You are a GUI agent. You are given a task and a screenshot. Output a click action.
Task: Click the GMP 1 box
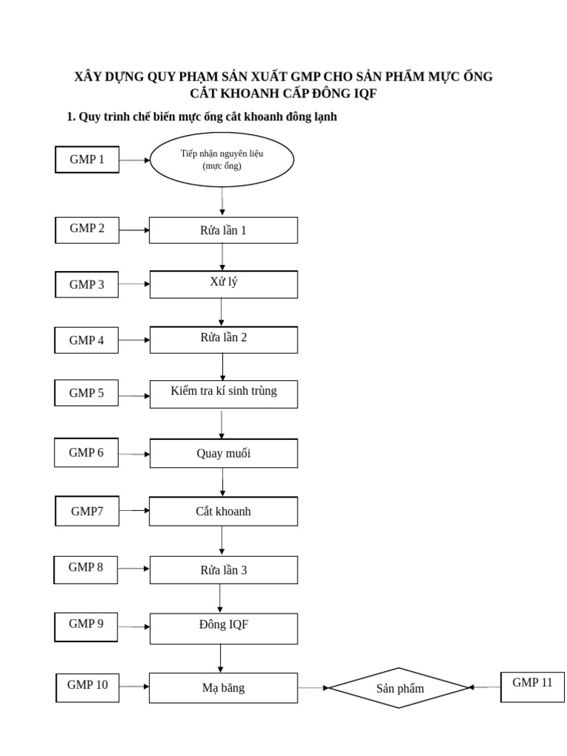point(87,159)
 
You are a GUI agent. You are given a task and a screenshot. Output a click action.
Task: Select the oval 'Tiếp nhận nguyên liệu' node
point(222,159)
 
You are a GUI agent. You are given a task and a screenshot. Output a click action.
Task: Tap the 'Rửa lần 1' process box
point(224,230)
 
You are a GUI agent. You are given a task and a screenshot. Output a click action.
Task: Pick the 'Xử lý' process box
point(224,284)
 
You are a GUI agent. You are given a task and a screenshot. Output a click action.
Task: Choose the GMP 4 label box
point(87,340)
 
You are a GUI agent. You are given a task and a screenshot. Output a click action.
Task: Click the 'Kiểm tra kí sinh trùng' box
point(224,394)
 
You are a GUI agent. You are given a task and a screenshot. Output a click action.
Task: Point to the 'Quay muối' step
point(224,453)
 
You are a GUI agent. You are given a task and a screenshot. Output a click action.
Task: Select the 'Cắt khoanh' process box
point(224,511)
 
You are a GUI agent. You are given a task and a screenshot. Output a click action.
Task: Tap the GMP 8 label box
point(86,569)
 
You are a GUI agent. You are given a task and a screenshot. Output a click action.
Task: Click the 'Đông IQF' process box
point(224,628)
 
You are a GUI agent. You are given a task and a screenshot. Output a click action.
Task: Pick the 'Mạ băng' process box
point(224,688)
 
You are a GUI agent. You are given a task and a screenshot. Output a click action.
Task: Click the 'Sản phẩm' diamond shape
point(399,688)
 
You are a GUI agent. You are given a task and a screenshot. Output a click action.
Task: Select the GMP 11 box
point(532,687)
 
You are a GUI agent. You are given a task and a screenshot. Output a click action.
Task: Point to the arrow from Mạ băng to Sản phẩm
point(313,688)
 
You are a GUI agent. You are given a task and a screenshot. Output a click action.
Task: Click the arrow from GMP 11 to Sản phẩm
point(484,687)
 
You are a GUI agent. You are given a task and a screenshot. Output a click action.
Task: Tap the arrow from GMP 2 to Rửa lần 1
point(134,230)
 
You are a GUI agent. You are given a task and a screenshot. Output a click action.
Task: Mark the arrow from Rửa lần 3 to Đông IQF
point(221,598)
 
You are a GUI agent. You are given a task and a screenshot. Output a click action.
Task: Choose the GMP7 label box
point(87,511)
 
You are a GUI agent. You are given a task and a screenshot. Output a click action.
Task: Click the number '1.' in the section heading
point(71,117)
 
